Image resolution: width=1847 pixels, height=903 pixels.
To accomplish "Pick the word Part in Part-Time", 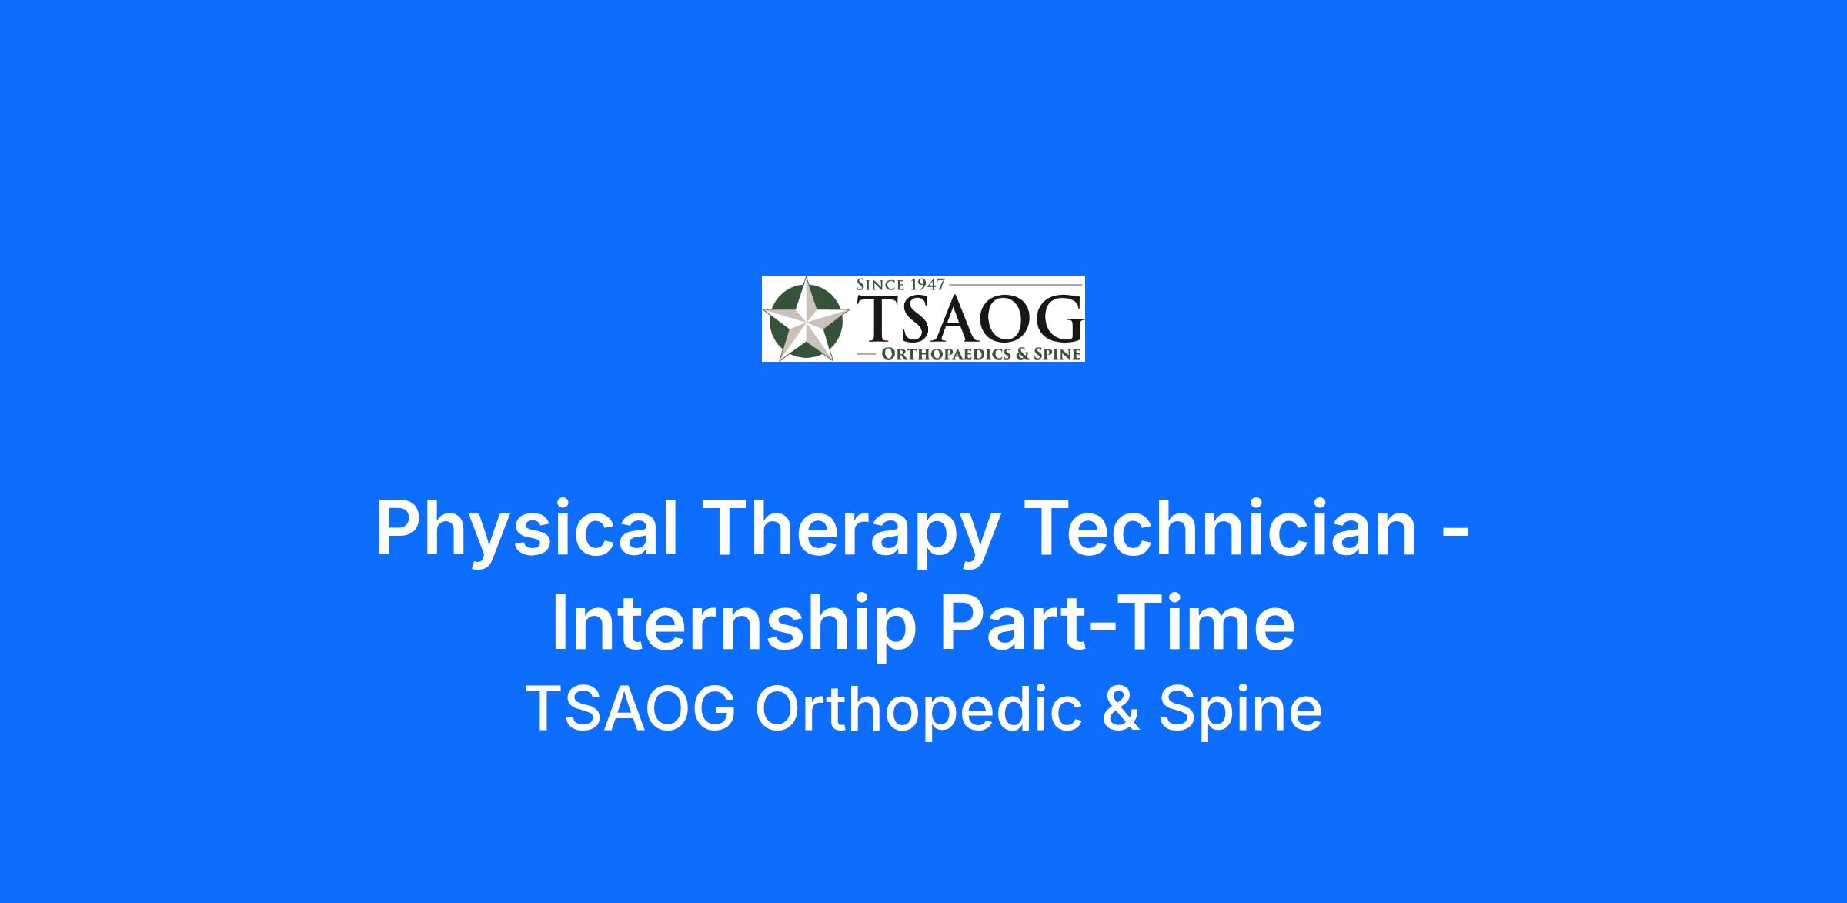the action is coord(1007,623).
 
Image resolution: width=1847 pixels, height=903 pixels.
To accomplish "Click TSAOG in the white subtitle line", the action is coord(631,709).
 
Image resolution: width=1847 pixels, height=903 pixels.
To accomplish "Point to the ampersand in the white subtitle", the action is coord(1121,709).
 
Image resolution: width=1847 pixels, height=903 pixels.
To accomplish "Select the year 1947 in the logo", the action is coord(927,284).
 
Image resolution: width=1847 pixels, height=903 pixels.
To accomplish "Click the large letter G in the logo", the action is coord(1054,317).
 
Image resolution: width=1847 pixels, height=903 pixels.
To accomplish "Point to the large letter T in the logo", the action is coord(876,317).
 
